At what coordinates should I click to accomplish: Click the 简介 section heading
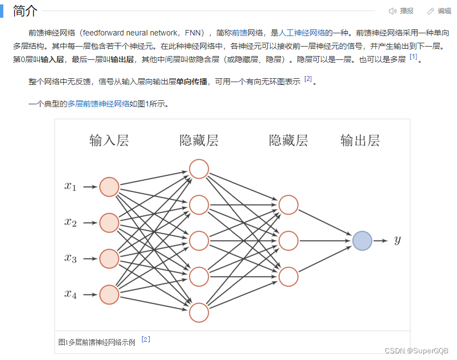25,11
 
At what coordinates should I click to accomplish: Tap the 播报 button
402,11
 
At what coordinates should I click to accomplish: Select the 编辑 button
439,11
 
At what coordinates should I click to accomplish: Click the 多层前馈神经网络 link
98,104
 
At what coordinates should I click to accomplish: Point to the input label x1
70,187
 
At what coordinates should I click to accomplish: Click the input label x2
70,222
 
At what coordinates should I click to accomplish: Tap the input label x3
70,258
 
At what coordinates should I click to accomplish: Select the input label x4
70,294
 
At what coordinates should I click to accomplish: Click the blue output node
362,241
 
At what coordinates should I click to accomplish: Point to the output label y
397,240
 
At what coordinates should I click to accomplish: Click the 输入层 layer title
109,140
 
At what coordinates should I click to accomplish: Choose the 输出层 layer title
360,140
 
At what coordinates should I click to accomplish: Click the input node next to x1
109,187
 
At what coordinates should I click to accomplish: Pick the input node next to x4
109,294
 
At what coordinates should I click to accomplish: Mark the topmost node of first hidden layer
199,169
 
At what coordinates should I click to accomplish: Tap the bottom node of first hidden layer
199,312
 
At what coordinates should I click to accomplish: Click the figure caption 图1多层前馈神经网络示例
97,342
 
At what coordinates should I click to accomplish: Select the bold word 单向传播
192,82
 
